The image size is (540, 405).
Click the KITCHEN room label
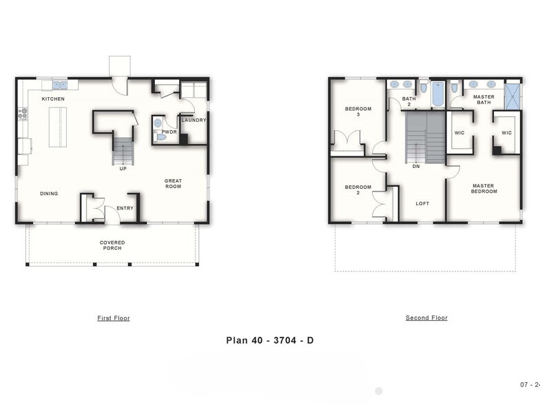[53, 99]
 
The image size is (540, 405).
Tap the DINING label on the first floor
[49, 194]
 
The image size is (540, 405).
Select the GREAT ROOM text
[173, 184]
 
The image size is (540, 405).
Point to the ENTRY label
[125, 208]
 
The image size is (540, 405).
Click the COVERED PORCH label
[112, 245]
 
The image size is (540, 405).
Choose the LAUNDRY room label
[194, 120]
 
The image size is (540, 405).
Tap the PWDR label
[169, 131]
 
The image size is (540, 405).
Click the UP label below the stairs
[123, 168]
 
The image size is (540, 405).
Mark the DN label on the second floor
[416, 167]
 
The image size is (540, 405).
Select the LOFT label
[422, 203]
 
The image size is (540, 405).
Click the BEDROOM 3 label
[358, 112]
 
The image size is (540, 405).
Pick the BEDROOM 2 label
[358, 189]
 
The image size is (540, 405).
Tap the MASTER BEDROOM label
[484, 188]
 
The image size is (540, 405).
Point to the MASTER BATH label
[484, 100]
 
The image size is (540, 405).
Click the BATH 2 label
[409, 101]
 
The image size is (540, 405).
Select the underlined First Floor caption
[114, 318]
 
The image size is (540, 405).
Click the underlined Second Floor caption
[426, 318]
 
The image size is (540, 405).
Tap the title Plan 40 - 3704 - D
[270, 340]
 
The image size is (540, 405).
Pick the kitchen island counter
[58, 129]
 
